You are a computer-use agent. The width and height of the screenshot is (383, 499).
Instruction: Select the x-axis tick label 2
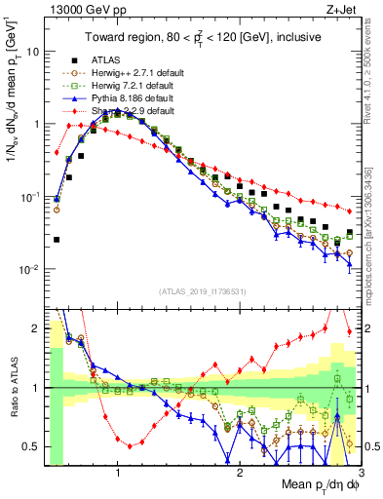pyautogui.click(x=240, y=476)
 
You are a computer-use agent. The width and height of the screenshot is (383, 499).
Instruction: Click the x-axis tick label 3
pyautogui.click(x=361, y=476)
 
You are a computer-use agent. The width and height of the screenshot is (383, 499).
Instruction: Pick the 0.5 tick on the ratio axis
pyautogui.click(x=29, y=446)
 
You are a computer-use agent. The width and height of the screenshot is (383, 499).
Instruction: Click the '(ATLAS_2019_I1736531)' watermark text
pyautogui.click(x=203, y=291)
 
